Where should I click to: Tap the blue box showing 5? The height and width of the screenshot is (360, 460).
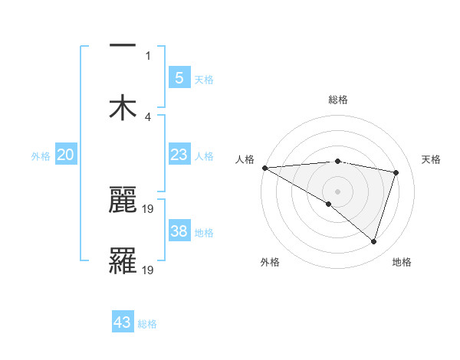tap(179, 78)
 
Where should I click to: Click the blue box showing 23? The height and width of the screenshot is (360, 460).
tap(179, 155)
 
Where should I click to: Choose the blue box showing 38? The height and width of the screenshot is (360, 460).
tap(179, 231)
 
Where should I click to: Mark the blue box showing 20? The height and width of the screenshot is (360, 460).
tap(66, 155)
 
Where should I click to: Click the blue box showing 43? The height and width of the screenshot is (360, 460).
tap(123, 322)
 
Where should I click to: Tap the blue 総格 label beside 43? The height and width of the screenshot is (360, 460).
tap(147, 324)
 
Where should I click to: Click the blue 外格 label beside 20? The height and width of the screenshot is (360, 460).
tap(41, 156)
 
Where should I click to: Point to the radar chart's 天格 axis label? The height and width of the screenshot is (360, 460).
tap(431, 159)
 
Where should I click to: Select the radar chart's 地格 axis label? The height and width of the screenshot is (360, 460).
tap(402, 262)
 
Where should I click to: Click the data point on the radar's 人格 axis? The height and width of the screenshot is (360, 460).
tap(264, 168)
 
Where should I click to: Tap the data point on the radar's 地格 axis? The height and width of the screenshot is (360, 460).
tap(373, 241)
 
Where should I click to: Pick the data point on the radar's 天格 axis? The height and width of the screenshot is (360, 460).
tap(396, 172)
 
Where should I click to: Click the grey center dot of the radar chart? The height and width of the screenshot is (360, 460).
tap(337, 191)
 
